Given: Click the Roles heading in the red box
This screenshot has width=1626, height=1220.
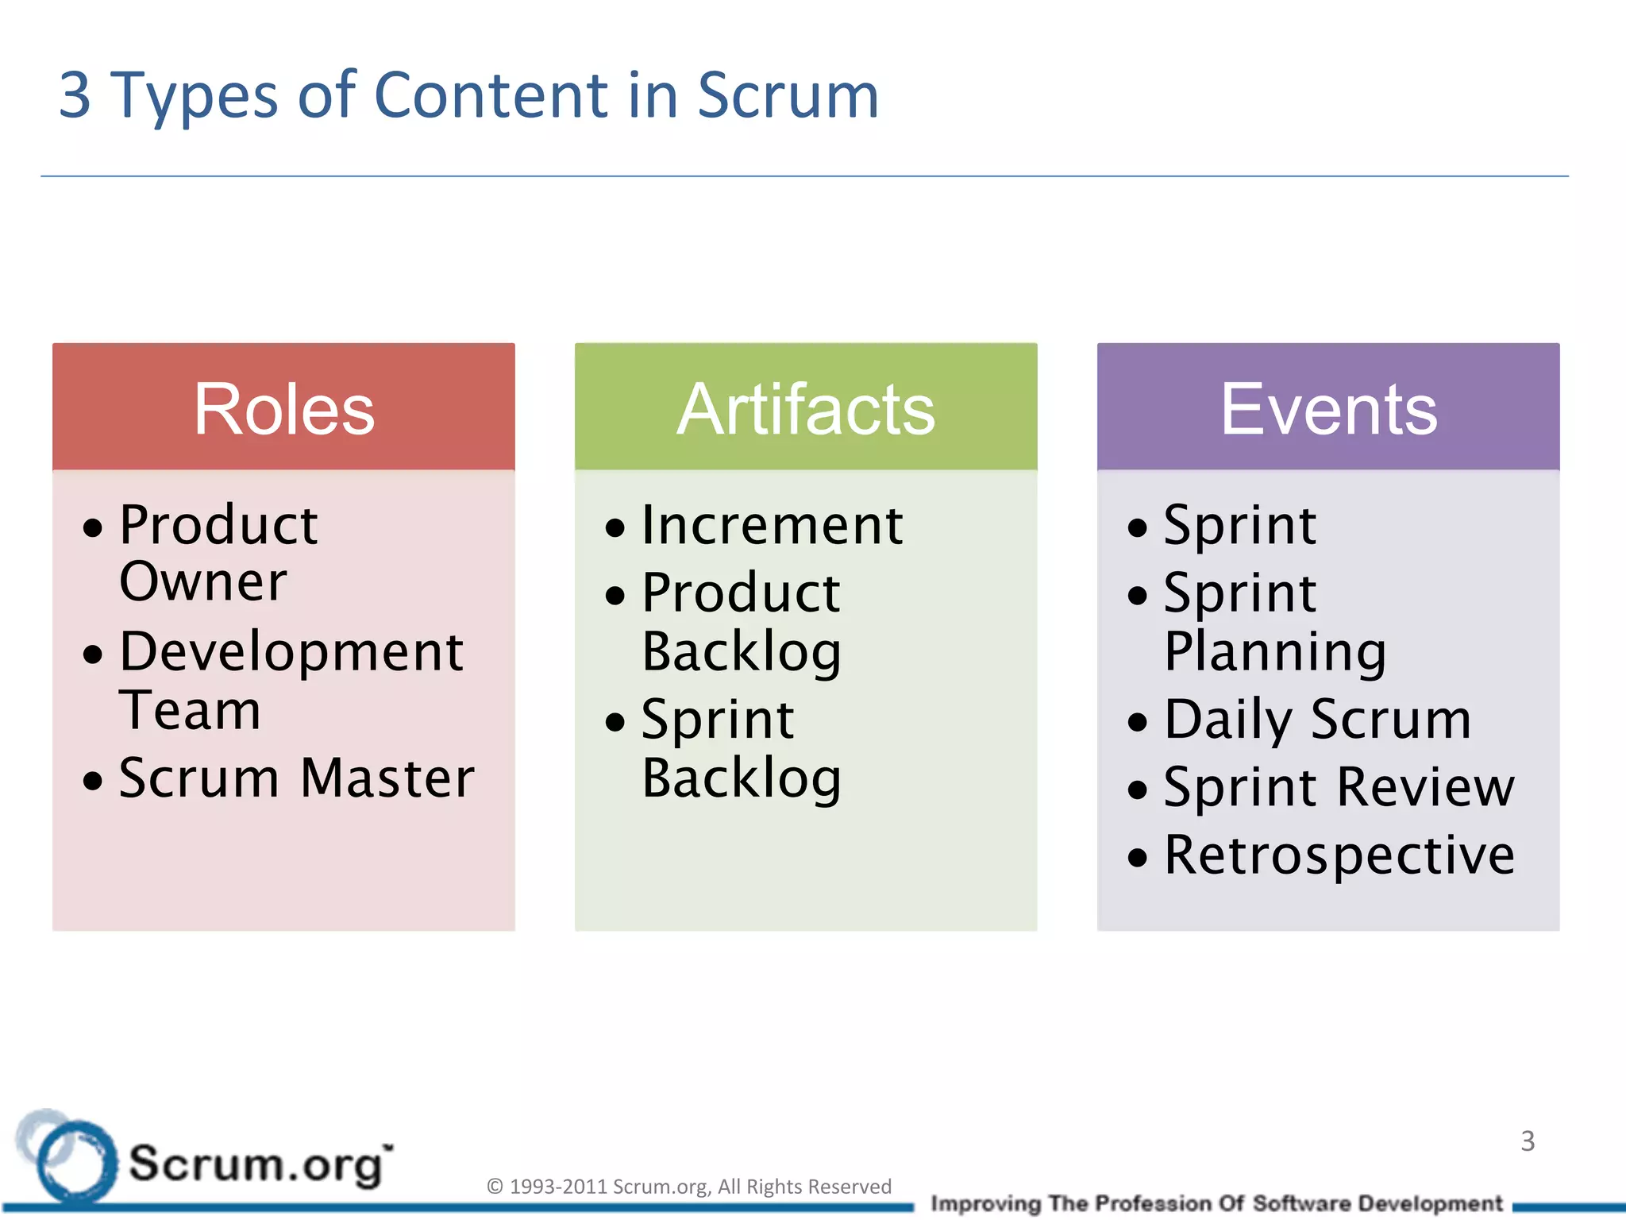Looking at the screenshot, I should (x=283, y=409).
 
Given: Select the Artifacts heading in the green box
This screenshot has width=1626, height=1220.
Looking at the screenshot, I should (x=805, y=409).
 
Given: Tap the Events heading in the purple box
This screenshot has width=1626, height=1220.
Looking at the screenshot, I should (x=1328, y=409).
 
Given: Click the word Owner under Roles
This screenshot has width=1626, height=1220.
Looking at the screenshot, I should (x=202, y=581).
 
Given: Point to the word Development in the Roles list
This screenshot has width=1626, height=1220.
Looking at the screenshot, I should (x=291, y=651).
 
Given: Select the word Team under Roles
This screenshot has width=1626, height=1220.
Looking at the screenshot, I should (x=190, y=710).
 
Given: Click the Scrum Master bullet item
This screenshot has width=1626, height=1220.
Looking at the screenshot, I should (x=296, y=778).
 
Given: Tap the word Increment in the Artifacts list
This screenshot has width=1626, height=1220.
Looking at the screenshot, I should (x=772, y=525).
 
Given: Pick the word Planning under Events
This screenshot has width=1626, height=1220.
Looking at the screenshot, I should (x=1275, y=651).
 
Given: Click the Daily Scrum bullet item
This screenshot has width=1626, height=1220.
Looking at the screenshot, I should (x=1317, y=720).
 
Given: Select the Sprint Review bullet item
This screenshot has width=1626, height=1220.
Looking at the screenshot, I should (x=1339, y=787).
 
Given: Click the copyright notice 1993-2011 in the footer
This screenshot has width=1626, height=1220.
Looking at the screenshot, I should (x=688, y=1186).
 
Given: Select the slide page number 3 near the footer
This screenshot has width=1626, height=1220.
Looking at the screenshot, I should (x=1528, y=1141).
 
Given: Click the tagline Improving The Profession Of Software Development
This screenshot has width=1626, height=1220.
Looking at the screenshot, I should (x=1216, y=1203).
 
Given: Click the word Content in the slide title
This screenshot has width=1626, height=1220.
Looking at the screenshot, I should (x=491, y=95).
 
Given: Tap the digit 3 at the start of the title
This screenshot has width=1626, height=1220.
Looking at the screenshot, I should (x=75, y=95).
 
